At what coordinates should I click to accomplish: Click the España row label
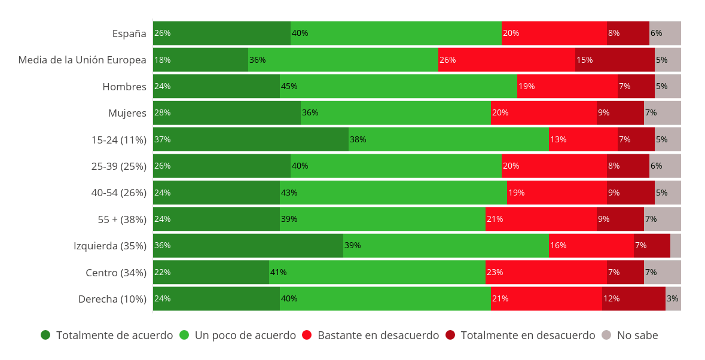point(129,33)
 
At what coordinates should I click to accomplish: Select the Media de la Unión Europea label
point(82,60)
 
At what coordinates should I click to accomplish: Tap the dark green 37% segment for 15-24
point(251,139)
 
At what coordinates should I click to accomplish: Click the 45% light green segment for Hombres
point(398,86)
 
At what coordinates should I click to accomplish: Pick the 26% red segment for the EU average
point(506,60)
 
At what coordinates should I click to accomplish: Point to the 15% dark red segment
point(615,60)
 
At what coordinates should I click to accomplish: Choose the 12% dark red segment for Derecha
point(633,298)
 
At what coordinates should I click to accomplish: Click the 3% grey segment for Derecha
point(673,298)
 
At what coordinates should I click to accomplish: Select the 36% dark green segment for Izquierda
point(248,245)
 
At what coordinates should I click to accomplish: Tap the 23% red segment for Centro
point(546,272)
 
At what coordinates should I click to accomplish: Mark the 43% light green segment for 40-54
point(393,193)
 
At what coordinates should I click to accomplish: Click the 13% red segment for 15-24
point(583,139)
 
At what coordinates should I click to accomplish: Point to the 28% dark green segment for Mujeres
point(227,112)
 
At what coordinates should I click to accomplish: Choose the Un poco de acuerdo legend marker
point(184,335)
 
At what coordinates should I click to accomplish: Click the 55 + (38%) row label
point(122,219)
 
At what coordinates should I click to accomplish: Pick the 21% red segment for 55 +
point(541,219)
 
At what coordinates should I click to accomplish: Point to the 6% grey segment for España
point(665,33)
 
